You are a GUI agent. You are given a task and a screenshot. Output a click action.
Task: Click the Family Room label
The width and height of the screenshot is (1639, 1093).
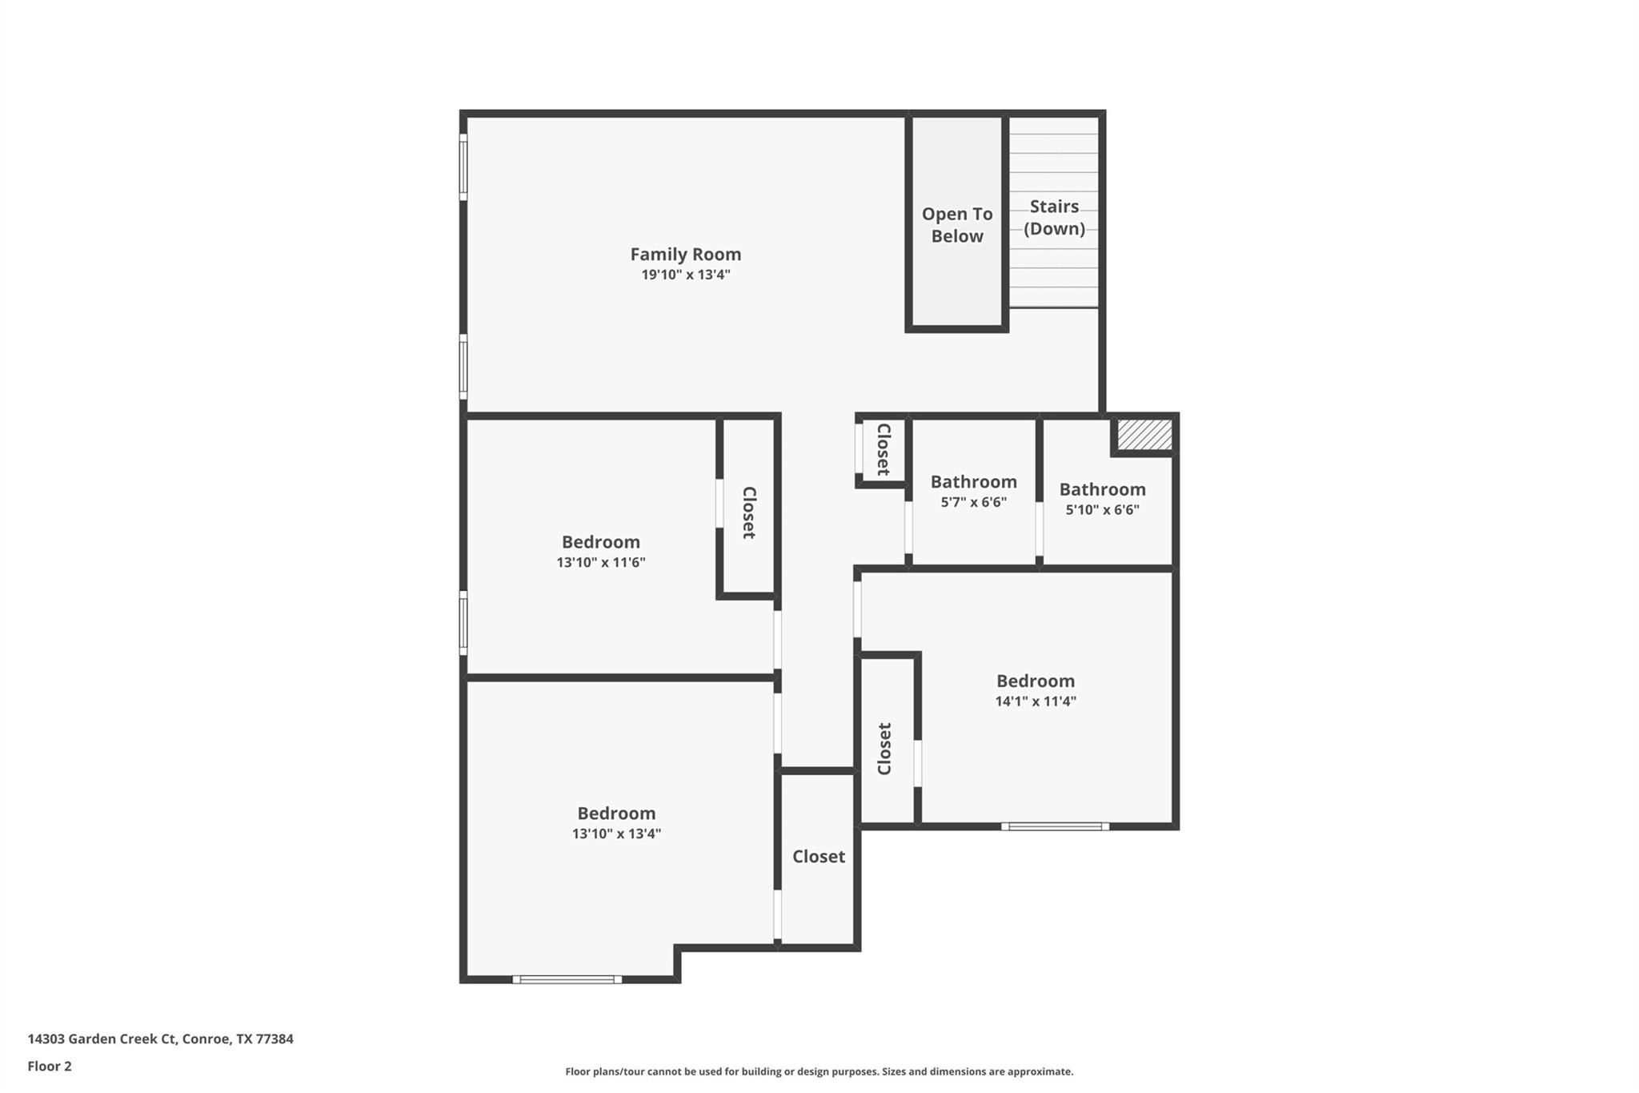tap(685, 254)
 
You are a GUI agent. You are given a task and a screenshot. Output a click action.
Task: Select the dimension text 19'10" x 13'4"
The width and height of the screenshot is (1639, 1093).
tap(685, 275)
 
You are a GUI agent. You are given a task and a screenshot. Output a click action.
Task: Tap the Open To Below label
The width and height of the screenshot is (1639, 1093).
tap(956, 225)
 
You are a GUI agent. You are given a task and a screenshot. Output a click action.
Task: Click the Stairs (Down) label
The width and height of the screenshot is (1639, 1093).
tap(1054, 217)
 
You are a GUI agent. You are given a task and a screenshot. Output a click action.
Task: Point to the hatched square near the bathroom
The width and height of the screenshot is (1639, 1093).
tap(1144, 435)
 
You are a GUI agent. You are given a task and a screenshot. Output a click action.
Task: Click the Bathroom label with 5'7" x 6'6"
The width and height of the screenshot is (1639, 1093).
tap(973, 481)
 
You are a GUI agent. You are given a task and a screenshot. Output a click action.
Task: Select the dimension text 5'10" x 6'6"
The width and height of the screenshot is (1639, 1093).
tap(1102, 509)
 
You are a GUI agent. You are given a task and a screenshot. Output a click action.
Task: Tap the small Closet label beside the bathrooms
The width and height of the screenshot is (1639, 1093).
tap(884, 449)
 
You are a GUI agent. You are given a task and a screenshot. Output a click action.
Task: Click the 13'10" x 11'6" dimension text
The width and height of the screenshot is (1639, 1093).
tap(600, 562)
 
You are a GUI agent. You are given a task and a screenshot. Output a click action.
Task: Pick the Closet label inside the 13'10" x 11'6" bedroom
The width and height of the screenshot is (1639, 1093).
tap(749, 512)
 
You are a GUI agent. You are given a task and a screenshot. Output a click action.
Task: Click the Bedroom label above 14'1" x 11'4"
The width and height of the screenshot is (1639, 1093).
tap(1035, 681)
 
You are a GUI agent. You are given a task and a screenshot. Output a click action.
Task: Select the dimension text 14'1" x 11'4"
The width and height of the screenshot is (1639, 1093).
tap(1035, 701)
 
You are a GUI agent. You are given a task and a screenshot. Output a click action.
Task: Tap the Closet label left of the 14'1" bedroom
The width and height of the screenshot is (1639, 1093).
tap(884, 749)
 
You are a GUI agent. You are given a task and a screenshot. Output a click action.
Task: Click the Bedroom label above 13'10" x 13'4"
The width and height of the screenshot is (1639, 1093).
tap(616, 813)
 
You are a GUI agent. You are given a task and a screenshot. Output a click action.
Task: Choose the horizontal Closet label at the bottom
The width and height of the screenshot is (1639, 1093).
tap(818, 856)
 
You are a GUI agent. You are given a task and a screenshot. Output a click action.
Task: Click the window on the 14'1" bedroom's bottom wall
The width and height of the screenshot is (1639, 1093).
tap(1055, 826)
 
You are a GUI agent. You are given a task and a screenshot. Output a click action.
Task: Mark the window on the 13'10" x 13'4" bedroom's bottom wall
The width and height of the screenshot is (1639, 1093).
tap(567, 979)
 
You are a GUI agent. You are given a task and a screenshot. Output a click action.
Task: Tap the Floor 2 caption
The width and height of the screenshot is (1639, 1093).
tap(50, 1066)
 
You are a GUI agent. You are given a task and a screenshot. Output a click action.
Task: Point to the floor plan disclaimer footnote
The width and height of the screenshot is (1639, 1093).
tap(819, 1071)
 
